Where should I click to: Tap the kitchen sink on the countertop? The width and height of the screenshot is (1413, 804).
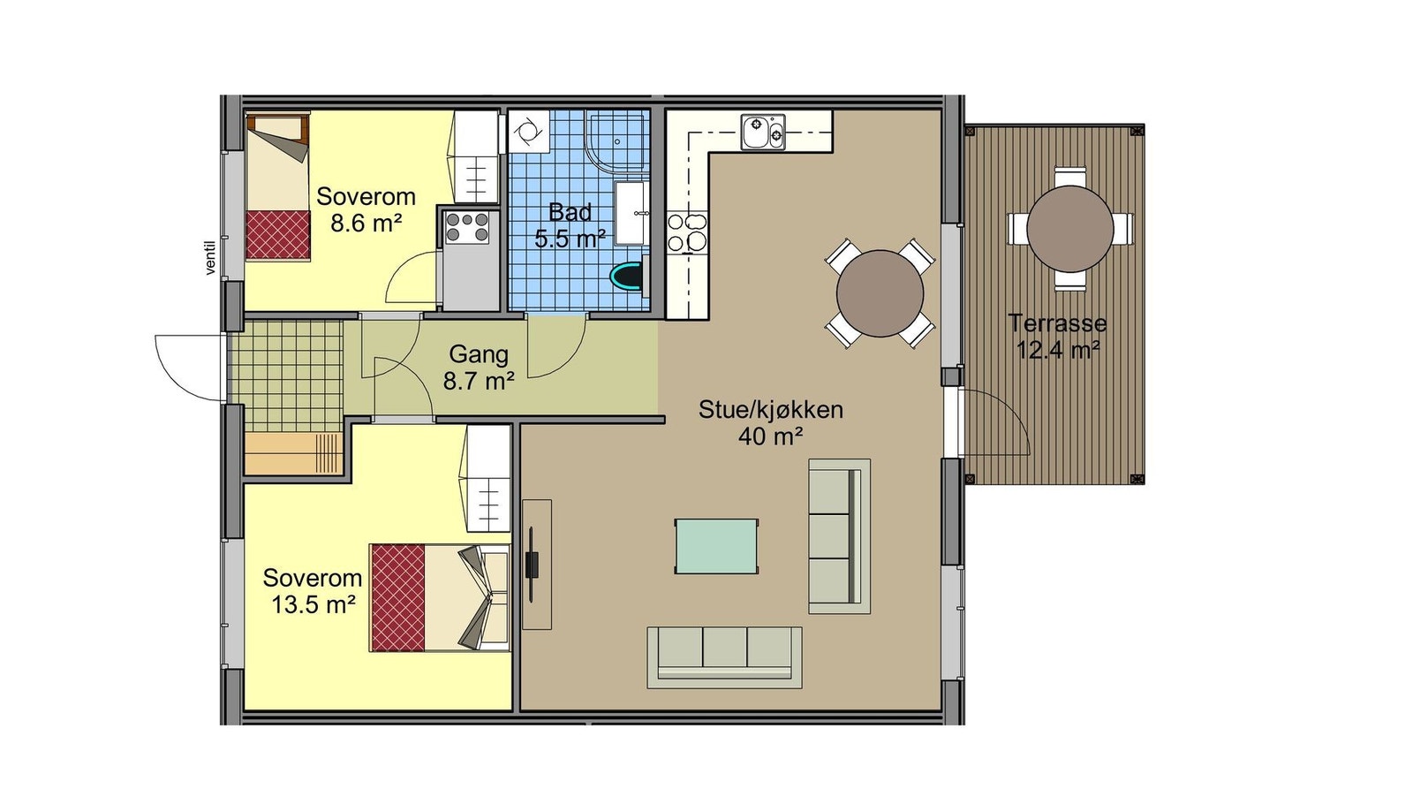[x=763, y=132]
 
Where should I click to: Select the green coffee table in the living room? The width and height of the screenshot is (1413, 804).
[x=716, y=546]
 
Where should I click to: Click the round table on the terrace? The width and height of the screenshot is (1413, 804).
[x=1069, y=229]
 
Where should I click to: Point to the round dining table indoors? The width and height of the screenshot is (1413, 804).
[x=880, y=293]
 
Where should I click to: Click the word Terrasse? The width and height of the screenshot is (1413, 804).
[x=1058, y=323]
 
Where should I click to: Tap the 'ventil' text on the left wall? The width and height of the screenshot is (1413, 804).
[x=211, y=258]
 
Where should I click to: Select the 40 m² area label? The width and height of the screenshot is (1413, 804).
[x=771, y=436]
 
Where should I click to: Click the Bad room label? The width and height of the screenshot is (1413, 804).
[x=570, y=212]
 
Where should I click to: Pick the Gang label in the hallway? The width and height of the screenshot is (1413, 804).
[x=479, y=354]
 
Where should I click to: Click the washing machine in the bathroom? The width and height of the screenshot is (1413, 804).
[x=527, y=132]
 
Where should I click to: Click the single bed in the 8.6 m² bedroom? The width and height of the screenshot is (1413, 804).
[x=277, y=186]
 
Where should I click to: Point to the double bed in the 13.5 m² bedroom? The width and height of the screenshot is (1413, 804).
[x=440, y=597]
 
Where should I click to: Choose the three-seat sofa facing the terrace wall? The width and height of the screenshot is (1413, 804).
[x=840, y=535]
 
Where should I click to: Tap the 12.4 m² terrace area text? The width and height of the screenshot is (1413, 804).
[x=1059, y=350]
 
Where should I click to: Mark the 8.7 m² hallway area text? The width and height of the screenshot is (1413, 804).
[x=478, y=381]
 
